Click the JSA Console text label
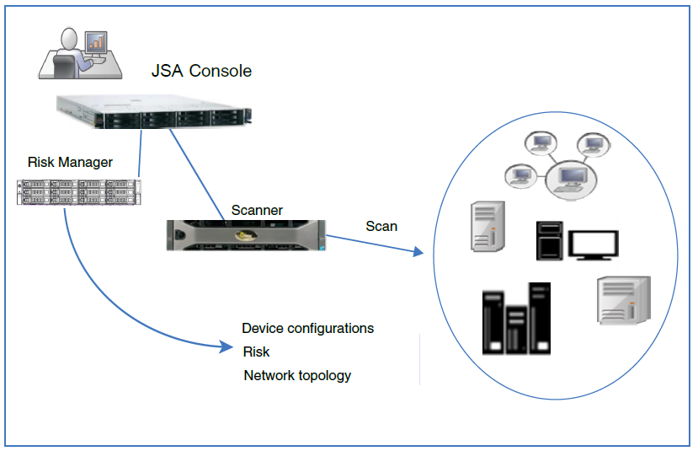click(201, 71)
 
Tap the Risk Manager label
click(70, 162)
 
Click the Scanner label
click(258, 210)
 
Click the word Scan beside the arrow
click(381, 226)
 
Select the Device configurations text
click(307, 328)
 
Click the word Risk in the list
click(256, 352)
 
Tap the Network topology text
click(297, 375)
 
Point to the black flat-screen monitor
click(595, 244)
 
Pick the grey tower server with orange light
click(488, 227)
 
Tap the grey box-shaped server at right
click(623, 300)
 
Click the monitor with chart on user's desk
click(97, 41)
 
